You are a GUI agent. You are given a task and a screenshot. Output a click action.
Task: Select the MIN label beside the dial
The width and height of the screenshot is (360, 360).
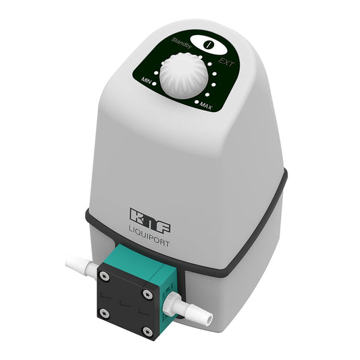(147, 80)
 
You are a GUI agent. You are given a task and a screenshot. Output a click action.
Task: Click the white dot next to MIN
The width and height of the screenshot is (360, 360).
(157, 80)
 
